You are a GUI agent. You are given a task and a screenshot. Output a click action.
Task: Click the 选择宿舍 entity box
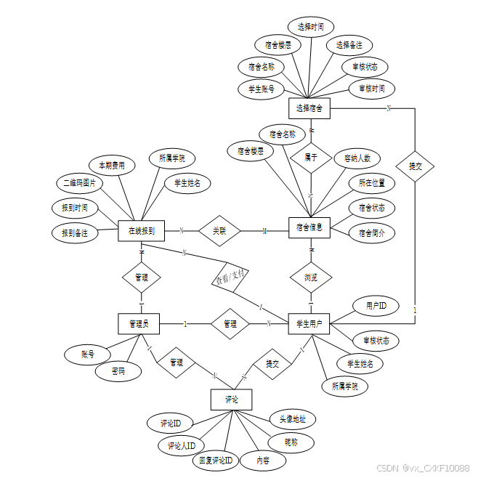[309, 108]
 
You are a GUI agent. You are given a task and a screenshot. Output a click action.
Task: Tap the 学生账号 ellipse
[261, 89]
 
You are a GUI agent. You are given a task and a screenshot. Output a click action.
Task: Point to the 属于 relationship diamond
[310, 156]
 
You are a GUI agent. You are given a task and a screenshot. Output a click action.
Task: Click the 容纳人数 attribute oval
[357, 158]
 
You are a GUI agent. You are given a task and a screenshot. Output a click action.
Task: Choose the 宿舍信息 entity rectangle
[309, 228]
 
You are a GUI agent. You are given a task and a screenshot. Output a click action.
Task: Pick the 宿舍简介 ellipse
[372, 233]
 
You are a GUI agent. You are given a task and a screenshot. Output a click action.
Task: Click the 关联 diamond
[219, 230]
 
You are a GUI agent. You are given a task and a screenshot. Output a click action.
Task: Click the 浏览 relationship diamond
[310, 277]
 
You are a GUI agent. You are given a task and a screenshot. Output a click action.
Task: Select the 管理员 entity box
[139, 324]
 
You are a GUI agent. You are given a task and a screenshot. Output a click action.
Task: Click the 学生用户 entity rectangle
[309, 324]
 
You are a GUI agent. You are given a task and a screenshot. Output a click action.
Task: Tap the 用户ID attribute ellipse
[376, 307]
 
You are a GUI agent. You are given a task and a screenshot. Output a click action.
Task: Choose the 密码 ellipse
[116, 370]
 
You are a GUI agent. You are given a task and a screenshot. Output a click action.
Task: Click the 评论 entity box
[232, 399]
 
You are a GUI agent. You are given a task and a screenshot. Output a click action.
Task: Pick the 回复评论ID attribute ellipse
[216, 460]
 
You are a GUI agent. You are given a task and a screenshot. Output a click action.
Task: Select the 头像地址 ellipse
[293, 419]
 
